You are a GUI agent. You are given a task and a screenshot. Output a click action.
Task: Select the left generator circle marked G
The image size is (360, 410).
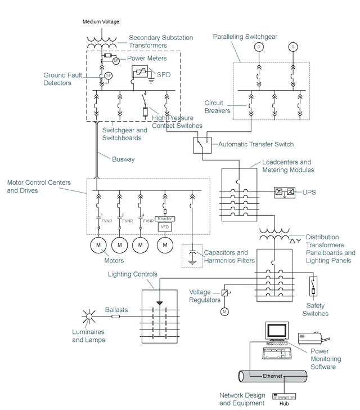pos(258,46)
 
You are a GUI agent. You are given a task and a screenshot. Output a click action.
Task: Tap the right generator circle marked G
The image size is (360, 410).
pos(292,46)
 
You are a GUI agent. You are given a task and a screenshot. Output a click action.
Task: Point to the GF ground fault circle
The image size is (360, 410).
pos(109,76)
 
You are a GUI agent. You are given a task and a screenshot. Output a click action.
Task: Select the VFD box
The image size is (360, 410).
pos(165,227)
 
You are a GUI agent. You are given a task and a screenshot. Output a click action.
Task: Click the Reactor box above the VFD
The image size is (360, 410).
pos(165,219)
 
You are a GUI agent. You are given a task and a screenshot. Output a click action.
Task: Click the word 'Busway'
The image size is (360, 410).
pos(123,159)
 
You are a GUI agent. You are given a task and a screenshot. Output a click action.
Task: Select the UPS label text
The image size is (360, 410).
pos(310,193)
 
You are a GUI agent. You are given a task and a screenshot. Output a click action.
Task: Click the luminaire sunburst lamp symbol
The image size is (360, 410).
pos(88,317)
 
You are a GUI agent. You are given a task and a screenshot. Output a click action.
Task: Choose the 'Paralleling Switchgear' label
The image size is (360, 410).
pos(245,37)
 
